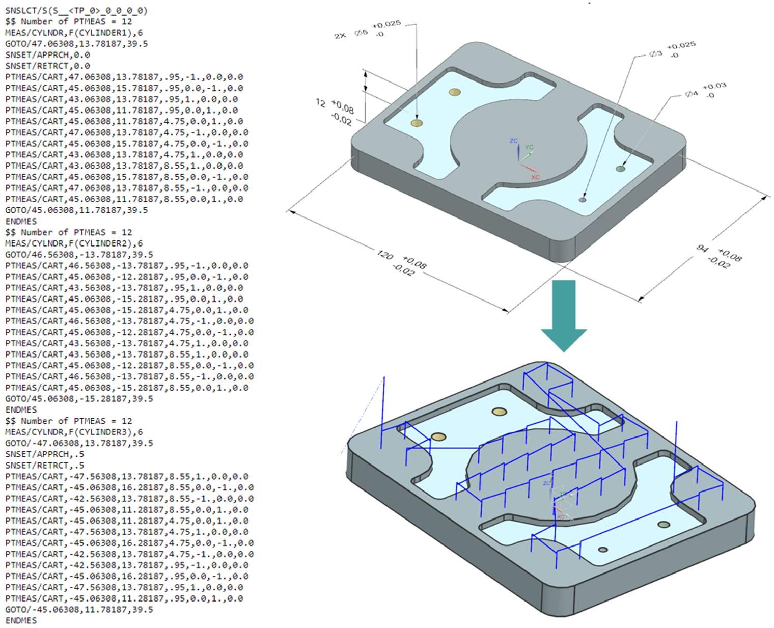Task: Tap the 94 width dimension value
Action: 703,249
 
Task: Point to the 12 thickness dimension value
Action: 320,103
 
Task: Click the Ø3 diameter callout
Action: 656,53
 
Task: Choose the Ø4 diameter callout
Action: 691,94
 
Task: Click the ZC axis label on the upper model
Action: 514,141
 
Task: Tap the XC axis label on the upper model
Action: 535,177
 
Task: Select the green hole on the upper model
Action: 620,169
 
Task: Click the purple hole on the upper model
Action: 583,200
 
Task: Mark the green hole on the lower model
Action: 663,524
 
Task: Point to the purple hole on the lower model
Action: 603,550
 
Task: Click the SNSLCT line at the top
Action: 76,10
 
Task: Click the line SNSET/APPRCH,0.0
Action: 47,54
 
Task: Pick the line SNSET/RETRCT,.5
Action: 45,465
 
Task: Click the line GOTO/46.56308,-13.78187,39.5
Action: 79,255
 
